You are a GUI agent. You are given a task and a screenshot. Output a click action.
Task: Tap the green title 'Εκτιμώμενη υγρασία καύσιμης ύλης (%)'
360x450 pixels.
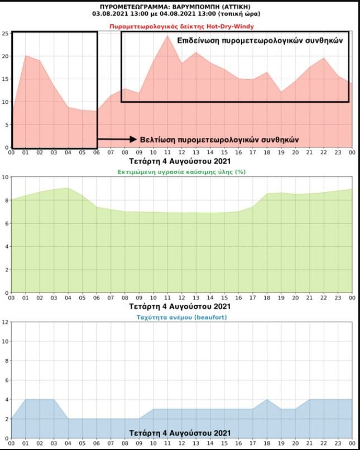coord(181,172)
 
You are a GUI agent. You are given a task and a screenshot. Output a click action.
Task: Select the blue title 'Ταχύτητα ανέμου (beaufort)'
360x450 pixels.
coord(181,317)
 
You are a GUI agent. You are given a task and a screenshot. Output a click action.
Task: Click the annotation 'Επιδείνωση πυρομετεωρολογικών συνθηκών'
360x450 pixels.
coord(260,41)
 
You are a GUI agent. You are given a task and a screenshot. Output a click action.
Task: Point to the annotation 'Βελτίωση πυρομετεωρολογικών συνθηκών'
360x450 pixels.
coord(219,139)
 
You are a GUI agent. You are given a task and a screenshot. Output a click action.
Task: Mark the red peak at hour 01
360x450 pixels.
coord(26,56)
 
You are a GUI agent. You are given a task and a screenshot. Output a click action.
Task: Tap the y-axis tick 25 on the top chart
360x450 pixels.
coord(5,33)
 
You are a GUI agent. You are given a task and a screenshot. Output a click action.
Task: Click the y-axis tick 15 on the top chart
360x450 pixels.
coord(5,79)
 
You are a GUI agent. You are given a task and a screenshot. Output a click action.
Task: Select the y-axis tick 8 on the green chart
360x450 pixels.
coord(6,200)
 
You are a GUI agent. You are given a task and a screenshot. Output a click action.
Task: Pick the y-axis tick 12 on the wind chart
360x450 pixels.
coord(5,322)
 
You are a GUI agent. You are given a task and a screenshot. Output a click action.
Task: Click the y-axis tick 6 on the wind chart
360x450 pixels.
coord(6,380)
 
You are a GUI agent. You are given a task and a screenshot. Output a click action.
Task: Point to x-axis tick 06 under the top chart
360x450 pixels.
coord(97,152)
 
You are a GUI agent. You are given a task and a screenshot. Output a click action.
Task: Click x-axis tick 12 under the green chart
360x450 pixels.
coord(181,298)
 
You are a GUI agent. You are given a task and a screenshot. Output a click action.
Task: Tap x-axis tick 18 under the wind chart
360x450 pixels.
coord(267,443)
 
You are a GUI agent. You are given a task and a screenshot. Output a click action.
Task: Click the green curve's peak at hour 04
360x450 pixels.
coord(68,188)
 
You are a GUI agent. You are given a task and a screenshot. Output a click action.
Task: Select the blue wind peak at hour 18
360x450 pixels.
coord(267,400)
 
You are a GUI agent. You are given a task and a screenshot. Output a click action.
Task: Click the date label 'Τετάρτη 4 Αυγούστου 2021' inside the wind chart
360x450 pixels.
coord(180,433)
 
